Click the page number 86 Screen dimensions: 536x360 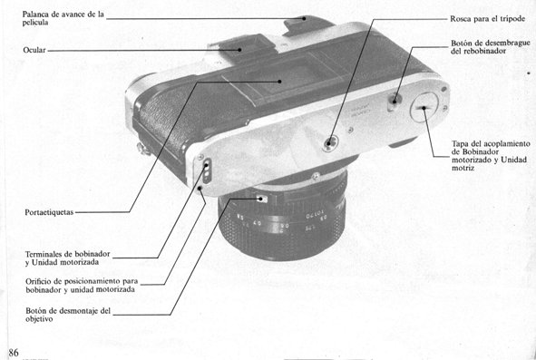tap(14, 353)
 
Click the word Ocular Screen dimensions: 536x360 tap(34, 50)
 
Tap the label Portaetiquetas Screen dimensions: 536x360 tap(49, 212)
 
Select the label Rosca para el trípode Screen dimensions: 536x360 tap(487, 19)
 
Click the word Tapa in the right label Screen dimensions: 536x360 tap(460, 144)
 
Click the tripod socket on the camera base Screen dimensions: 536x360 tap(330, 142)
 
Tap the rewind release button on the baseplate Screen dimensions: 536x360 tap(395, 101)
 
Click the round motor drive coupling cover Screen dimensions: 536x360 tap(424, 107)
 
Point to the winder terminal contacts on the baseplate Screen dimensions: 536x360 tap(206, 170)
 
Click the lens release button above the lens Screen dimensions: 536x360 tap(261, 199)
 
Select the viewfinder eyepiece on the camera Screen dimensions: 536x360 tap(241, 48)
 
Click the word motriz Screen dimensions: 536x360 tap(463, 168)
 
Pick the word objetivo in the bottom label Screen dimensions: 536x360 tap(39, 319)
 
